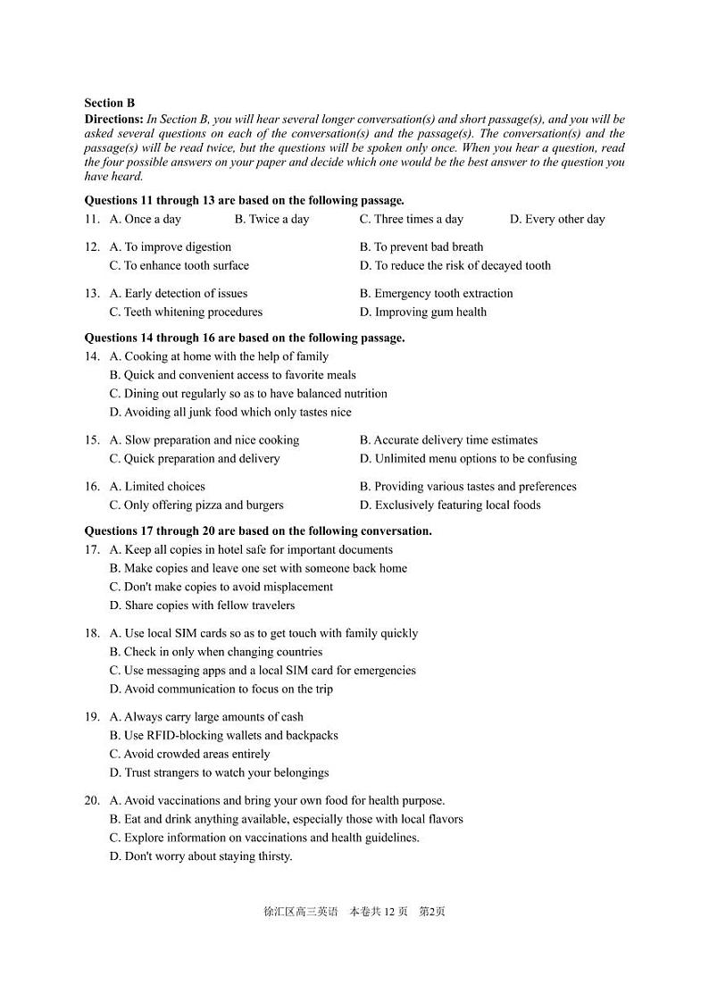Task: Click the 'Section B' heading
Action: (x=109, y=103)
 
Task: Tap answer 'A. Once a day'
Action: (x=145, y=219)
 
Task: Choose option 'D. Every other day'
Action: (x=556, y=219)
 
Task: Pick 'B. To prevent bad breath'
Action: (x=421, y=246)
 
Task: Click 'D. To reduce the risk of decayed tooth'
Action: (x=455, y=265)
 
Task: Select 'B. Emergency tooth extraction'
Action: (x=436, y=293)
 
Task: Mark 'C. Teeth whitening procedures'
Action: (x=186, y=312)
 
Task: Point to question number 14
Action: (x=92, y=356)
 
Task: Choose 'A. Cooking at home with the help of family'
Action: (x=219, y=356)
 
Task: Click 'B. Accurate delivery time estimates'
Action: (x=448, y=439)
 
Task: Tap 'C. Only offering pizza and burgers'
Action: (x=196, y=505)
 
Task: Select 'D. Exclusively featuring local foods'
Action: (x=450, y=505)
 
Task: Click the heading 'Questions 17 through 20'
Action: (x=258, y=530)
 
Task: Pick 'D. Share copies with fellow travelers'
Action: (x=202, y=605)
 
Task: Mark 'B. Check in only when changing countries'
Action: (x=215, y=652)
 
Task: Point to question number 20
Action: (x=92, y=800)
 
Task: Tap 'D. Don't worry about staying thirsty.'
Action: (x=201, y=856)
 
